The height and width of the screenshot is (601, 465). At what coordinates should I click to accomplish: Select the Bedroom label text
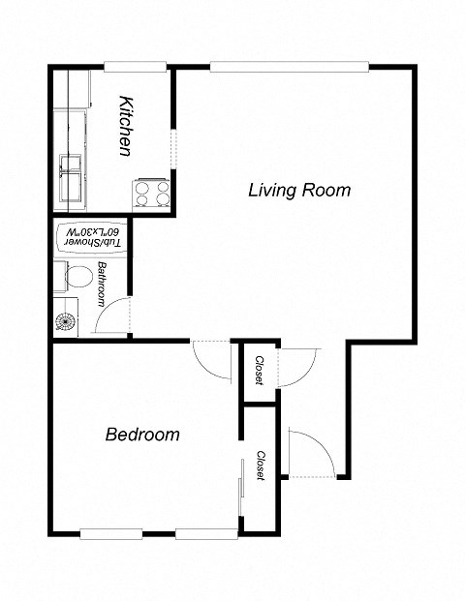142,435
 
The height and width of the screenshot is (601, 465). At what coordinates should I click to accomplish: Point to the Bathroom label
101,284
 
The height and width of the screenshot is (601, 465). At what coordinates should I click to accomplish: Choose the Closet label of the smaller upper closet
259,369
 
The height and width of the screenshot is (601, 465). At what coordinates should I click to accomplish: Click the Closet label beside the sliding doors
262,466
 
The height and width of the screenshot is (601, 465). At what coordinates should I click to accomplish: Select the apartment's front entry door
308,453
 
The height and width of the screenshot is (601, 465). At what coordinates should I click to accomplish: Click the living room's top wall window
290,67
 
